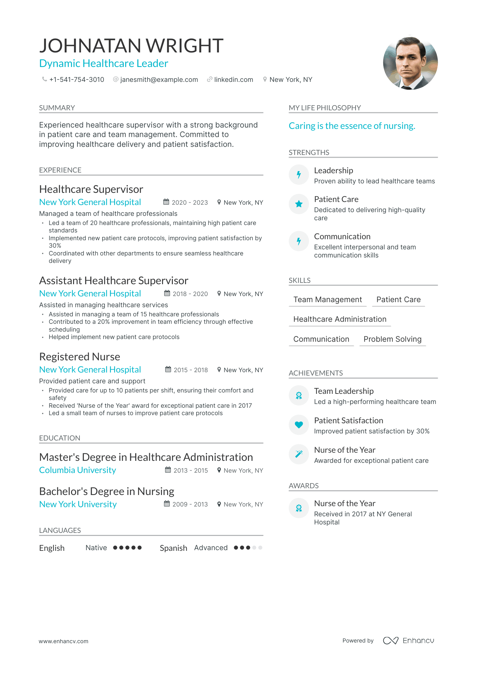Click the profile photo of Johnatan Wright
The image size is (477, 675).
pos(410,63)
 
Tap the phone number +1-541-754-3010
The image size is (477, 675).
pos(76,80)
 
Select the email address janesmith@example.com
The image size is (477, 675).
pos(159,80)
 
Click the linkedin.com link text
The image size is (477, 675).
pos(233,80)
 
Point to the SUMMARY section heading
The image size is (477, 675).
pos(57,108)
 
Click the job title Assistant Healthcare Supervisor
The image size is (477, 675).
pos(114,280)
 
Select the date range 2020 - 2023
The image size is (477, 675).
pos(189,202)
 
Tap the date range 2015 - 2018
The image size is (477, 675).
pos(190,370)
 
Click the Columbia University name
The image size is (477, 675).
pos(77,470)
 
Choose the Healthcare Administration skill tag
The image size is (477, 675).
pos(340,319)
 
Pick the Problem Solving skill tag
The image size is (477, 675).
pos(392,339)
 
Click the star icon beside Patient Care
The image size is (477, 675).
pos(299,204)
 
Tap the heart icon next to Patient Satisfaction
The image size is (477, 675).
pos(299,425)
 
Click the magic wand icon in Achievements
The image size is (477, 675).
pos(299,454)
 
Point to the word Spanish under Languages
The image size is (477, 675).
pos(173,548)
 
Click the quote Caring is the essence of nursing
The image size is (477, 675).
pos(352,126)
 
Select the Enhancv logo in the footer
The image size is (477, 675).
pos(408,640)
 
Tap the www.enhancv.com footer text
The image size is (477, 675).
pos(63,641)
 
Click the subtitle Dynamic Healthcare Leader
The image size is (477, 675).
pos(104,63)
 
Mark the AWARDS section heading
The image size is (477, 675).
pos(303,486)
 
